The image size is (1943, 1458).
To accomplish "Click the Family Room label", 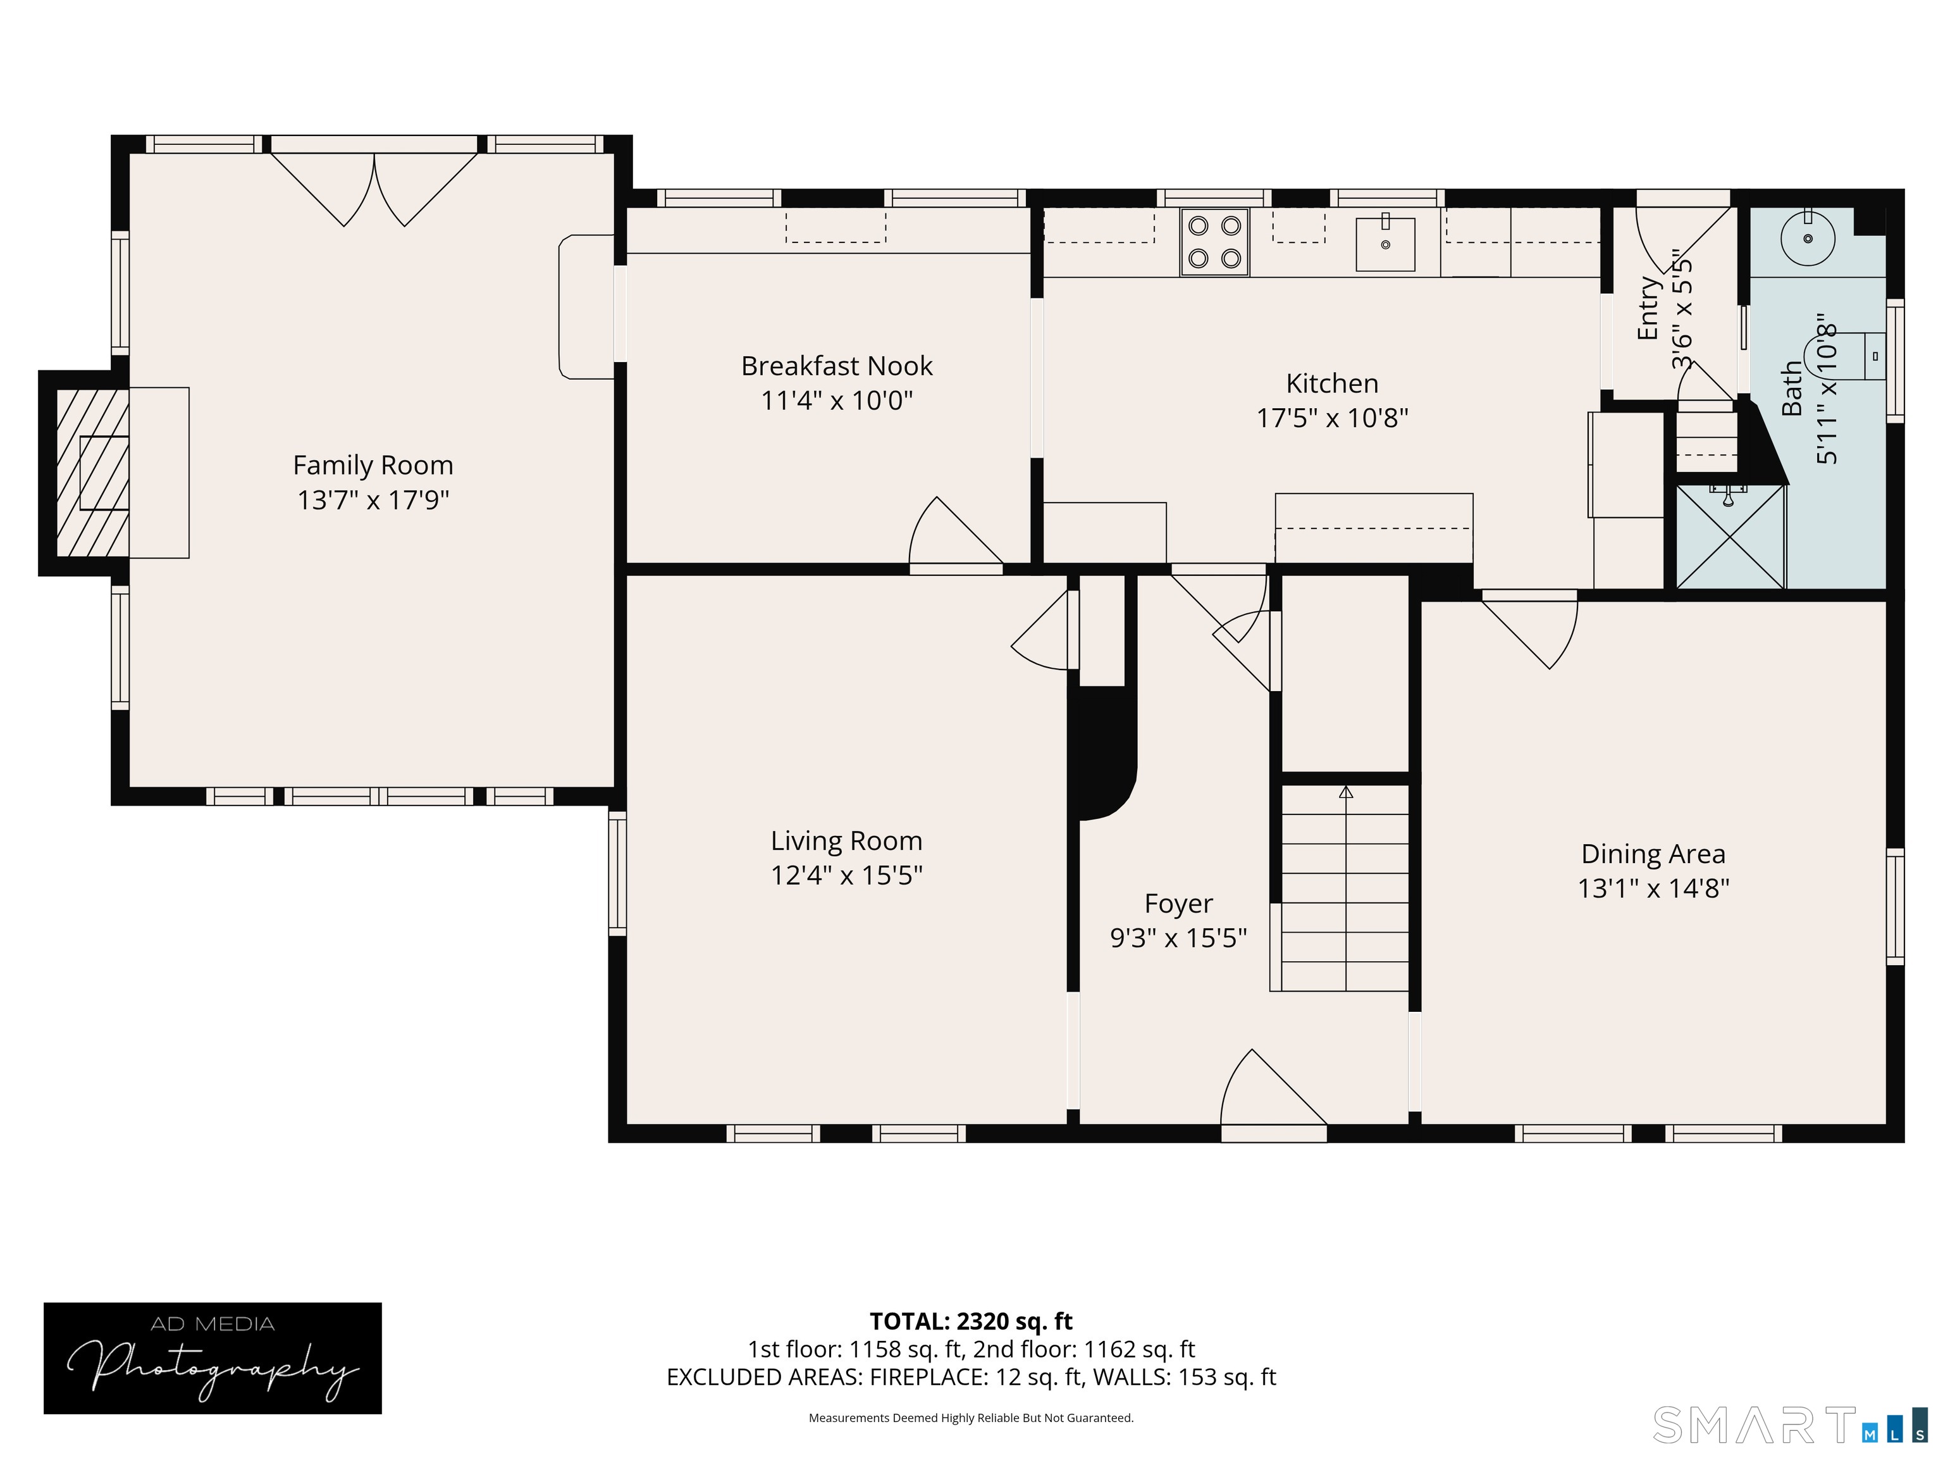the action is pos(373,465).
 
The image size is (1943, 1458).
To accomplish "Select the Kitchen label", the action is pos(1331,383).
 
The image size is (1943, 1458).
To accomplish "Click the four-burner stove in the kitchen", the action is pos(1214,242).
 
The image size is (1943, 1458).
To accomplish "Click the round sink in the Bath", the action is pos(1808,238).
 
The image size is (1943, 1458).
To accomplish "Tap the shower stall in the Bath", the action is pos(1730,536).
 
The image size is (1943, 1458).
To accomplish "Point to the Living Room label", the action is pos(846,841).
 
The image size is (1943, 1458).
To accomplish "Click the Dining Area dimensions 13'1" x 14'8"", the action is pos(1653,888).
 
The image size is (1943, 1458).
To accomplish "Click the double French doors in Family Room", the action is pos(374,189).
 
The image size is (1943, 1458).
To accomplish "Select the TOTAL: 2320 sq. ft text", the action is pos(971,1321).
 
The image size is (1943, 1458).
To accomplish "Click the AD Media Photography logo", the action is pos(213,1358).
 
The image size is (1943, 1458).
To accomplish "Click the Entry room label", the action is pos(1648,308).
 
